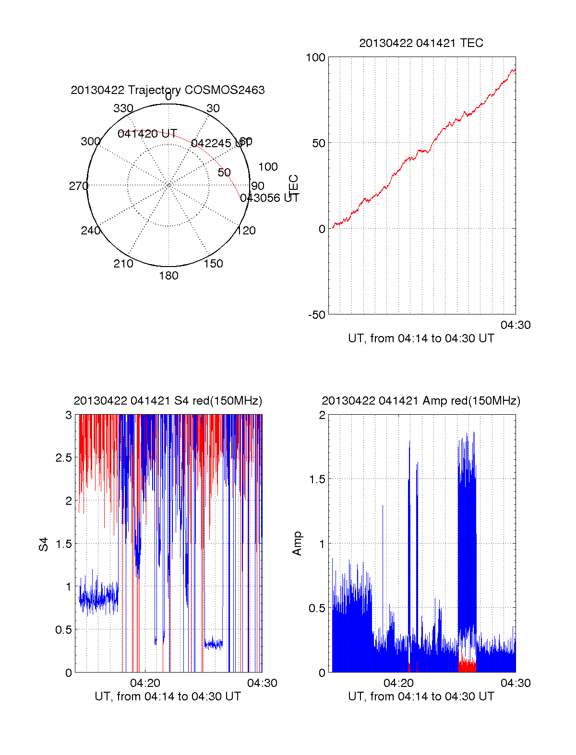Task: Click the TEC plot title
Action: (421, 43)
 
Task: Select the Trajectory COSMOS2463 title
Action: (168, 90)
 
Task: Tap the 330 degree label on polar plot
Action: (123, 108)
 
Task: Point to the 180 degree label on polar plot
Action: (168, 276)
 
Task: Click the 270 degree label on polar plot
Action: (78, 186)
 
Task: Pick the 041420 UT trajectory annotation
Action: (147, 134)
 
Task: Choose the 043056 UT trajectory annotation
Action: (269, 198)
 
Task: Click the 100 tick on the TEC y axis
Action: (315, 58)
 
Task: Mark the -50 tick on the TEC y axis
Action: (317, 315)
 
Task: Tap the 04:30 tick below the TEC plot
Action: (516, 325)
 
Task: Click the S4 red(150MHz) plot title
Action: (168, 401)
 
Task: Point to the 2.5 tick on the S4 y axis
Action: (64, 458)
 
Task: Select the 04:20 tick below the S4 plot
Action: (145, 683)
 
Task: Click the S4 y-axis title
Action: (44, 544)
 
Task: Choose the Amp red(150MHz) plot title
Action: (421, 401)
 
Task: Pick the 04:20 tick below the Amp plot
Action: (398, 683)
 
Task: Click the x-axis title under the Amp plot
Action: (421, 697)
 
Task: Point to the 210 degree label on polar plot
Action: (123, 264)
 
